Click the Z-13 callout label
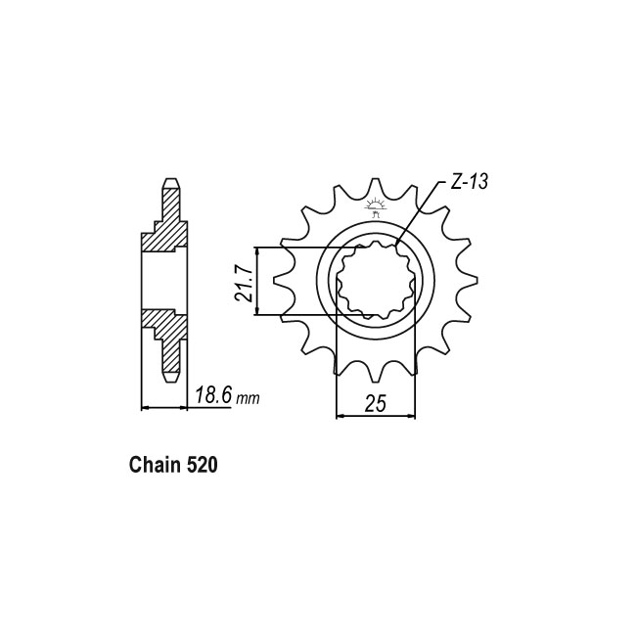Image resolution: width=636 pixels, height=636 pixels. click(470, 182)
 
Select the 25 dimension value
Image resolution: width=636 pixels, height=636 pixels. click(375, 403)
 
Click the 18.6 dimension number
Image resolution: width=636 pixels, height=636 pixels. click(213, 395)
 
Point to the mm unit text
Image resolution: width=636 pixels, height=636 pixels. click(248, 399)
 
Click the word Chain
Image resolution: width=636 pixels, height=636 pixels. click(155, 465)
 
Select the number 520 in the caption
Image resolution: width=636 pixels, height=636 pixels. click(202, 465)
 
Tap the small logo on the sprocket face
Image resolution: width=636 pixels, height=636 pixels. click(375, 207)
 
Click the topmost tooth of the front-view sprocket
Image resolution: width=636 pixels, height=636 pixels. click(376, 188)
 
